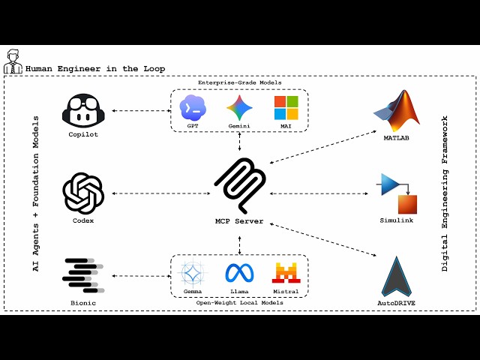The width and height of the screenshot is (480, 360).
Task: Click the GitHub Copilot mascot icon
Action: coord(83,110)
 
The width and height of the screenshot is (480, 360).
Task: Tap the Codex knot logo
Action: coord(83,193)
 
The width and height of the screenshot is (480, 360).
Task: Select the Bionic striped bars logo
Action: coord(83,275)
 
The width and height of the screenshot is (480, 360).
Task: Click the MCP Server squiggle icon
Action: coord(240,185)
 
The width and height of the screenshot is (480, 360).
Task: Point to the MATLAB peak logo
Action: coord(397,111)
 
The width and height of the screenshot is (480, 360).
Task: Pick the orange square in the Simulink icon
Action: coord(407,205)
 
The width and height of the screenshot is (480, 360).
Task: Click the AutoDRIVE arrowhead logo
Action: coord(397,277)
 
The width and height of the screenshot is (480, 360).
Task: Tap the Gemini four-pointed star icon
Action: coord(239,108)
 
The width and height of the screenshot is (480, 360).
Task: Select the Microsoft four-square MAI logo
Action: coord(286,108)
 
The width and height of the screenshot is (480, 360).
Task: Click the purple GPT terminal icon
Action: coord(193,108)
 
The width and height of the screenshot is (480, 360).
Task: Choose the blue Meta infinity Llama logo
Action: coord(239,273)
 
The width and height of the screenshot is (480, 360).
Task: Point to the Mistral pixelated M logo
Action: coord(286,272)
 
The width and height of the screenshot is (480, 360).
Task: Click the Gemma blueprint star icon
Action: coord(193,272)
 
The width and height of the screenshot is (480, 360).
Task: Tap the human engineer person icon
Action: coord(13,61)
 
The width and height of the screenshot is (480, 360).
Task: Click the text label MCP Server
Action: coord(239,221)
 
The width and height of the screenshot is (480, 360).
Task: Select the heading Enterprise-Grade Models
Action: coord(240,82)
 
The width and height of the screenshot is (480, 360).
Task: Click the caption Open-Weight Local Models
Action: coord(240,303)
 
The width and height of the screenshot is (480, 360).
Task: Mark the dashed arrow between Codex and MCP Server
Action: coord(161,193)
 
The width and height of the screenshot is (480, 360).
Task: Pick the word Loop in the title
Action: coord(154,69)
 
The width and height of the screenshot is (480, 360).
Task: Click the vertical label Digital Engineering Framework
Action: coord(445,193)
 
